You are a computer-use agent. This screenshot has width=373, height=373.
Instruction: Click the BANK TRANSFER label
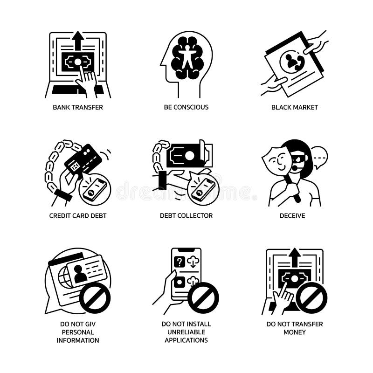tap(78, 107)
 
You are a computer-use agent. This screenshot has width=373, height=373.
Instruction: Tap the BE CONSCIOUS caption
tap(186, 107)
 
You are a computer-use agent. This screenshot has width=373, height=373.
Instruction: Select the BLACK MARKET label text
tap(294, 107)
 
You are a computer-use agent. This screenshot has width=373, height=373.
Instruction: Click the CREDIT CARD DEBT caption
tap(78, 215)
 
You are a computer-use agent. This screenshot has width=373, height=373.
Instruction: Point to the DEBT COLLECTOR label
tap(186, 215)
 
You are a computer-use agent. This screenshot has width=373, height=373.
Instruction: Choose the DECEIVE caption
tap(294, 215)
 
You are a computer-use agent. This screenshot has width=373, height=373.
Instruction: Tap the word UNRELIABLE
tap(186, 332)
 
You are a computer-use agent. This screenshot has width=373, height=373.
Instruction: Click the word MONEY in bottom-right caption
tap(294, 332)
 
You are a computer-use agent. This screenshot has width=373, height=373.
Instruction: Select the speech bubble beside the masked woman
tap(319, 156)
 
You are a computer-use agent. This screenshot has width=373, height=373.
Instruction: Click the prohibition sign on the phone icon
tap(203, 297)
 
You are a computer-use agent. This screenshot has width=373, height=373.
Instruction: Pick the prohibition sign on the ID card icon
tap(95, 297)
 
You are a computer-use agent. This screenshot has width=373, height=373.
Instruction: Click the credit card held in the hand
tap(83, 159)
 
